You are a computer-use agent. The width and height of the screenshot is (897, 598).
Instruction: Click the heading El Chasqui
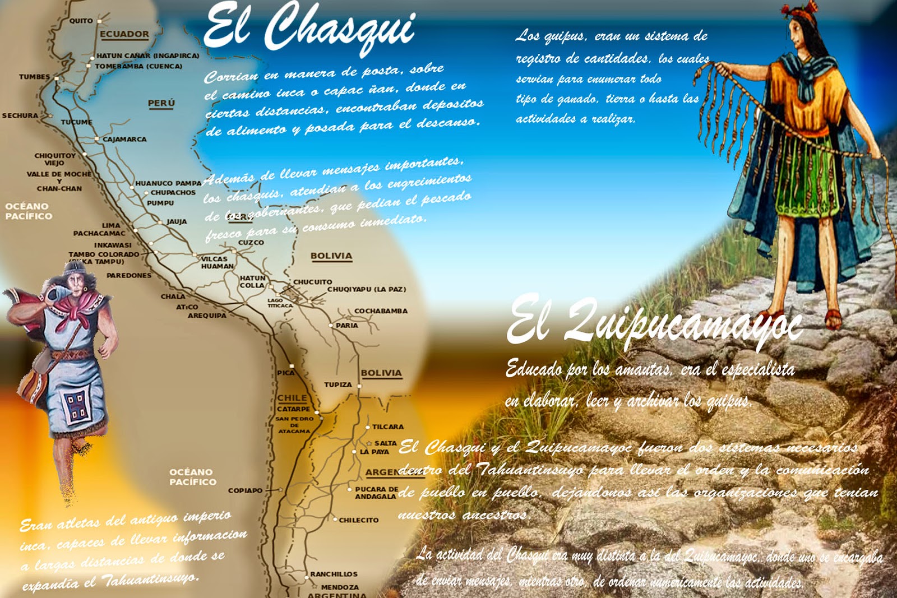pos(309,27)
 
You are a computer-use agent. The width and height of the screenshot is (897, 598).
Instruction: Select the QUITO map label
pos(81,21)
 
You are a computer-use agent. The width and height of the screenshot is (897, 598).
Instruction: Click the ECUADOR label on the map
pos(124,34)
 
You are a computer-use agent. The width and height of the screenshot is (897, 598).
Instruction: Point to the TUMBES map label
pos(34,77)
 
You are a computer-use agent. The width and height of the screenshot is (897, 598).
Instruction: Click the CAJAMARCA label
pos(124,139)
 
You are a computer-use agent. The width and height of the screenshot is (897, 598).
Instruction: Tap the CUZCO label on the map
pos(251,243)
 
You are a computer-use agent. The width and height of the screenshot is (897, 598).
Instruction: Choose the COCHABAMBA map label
pos(381,311)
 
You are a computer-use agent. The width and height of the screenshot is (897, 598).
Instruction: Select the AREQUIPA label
pos(207,316)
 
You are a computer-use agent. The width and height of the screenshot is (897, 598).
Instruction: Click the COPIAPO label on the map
pos(245,490)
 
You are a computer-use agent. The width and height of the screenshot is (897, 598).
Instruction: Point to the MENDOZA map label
pos(340,587)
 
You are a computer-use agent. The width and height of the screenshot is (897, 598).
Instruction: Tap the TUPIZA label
pos(338,384)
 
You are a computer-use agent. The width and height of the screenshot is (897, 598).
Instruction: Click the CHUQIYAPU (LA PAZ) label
pos(367,289)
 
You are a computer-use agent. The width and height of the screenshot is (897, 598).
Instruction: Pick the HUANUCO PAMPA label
pos(168,183)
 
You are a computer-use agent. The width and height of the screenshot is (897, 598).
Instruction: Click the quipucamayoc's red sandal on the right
pos(833,319)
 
